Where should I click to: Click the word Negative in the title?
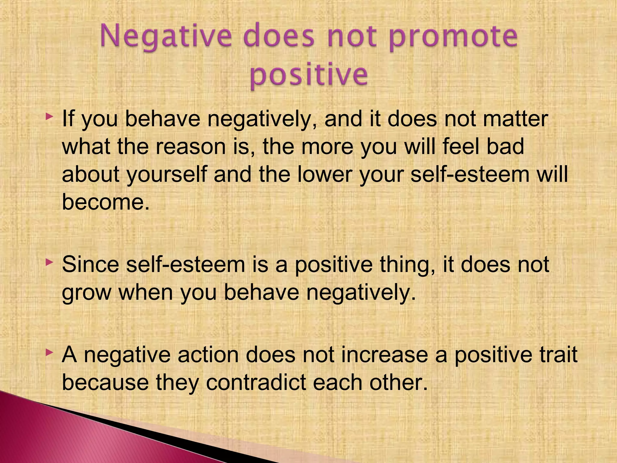click(x=165, y=37)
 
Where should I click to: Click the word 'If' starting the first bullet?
click(x=68, y=119)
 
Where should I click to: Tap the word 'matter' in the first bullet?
click(x=515, y=119)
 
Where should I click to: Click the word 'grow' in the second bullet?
click(x=86, y=293)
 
